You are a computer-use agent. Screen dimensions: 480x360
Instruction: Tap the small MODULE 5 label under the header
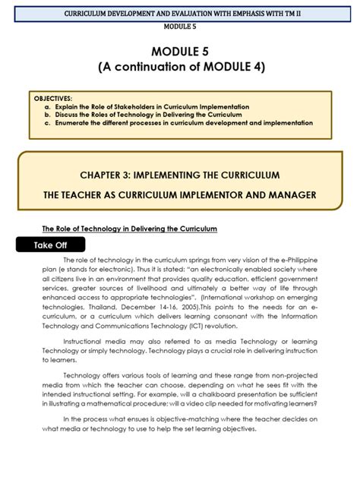pyautogui.click(x=179, y=26)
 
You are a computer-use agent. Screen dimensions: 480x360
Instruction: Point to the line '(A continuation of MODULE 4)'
pyautogui.click(x=179, y=67)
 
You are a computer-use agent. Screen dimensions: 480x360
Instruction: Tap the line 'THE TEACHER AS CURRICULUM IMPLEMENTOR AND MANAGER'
pyautogui.click(x=179, y=195)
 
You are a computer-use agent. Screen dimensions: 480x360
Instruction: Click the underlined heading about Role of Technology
pyautogui.click(x=129, y=228)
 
